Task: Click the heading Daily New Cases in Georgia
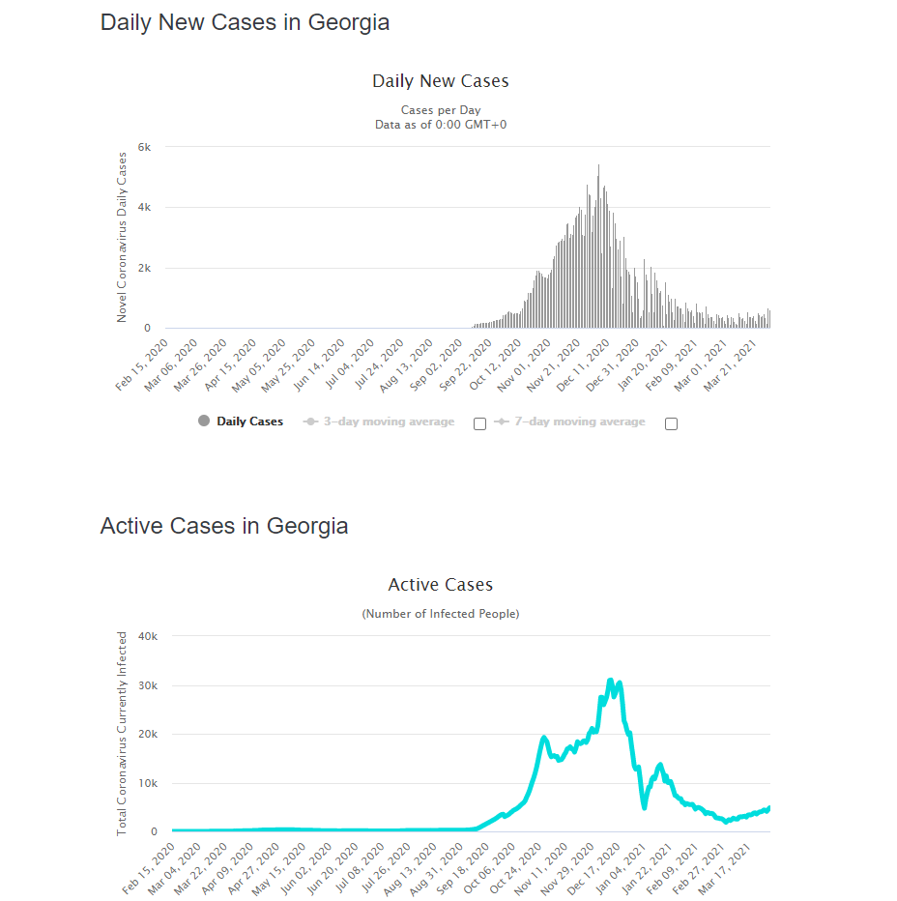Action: click(245, 22)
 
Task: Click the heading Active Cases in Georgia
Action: click(224, 526)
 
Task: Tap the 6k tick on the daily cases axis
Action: click(144, 147)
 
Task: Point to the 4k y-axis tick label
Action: click(144, 208)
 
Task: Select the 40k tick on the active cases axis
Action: click(148, 636)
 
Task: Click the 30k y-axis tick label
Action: click(148, 685)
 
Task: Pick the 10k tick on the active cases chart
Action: click(148, 783)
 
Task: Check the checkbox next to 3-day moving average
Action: click(479, 423)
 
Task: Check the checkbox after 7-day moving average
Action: click(672, 423)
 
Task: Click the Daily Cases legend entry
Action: click(249, 421)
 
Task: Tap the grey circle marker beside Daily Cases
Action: click(203, 421)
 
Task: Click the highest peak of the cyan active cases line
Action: click(610, 682)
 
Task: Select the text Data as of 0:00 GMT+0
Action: click(440, 125)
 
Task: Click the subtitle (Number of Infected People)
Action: click(440, 614)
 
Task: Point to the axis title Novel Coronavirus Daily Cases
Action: click(122, 237)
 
